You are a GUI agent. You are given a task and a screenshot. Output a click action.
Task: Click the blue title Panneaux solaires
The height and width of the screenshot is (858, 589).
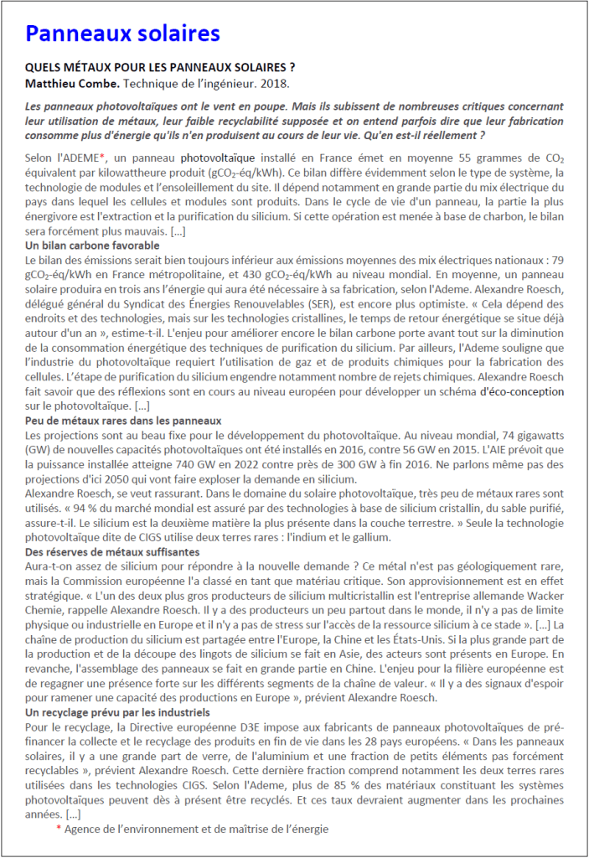point(122,34)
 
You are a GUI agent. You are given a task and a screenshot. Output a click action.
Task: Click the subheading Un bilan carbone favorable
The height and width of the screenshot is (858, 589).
point(92,246)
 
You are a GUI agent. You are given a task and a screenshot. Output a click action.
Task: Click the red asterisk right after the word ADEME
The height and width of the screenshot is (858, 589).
point(102,156)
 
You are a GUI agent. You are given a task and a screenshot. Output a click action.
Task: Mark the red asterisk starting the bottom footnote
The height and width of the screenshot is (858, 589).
point(59,830)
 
